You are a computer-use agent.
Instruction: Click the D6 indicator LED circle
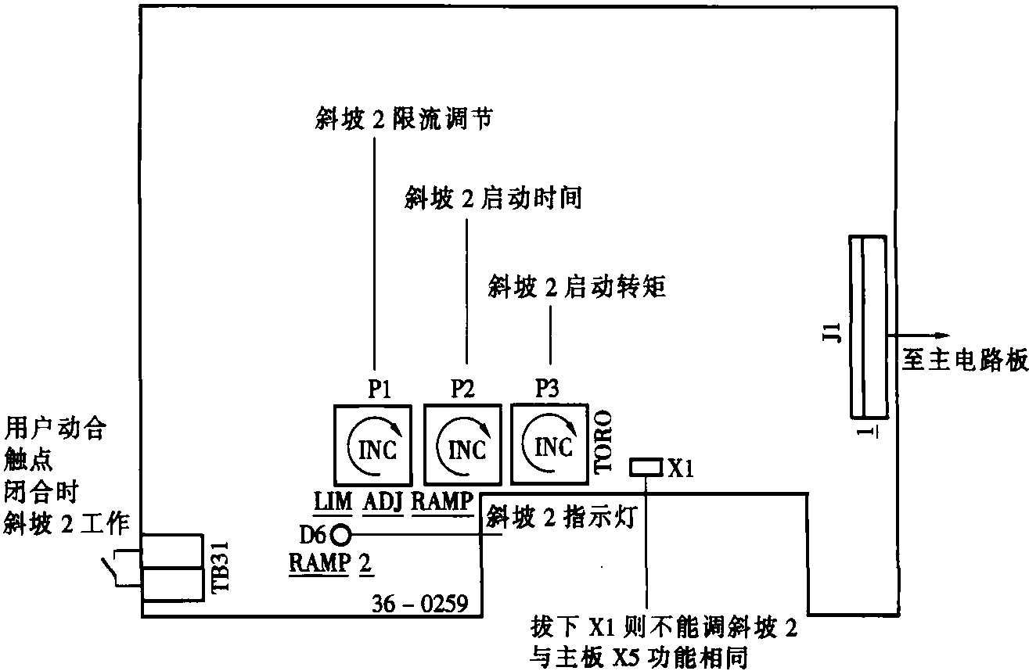[x=340, y=535]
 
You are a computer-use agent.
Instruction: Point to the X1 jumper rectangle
[x=645, y=468]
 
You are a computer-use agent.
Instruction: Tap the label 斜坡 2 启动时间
[x=494, y=199]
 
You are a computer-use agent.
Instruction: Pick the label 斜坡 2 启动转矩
[x=577, y=287]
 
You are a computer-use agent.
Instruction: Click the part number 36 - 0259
[x=419, y=604]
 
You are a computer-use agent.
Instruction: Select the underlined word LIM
[x=333, y=501]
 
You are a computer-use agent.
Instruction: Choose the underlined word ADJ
[x=383, y=501]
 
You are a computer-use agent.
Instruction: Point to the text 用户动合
[x=56, y=429]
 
